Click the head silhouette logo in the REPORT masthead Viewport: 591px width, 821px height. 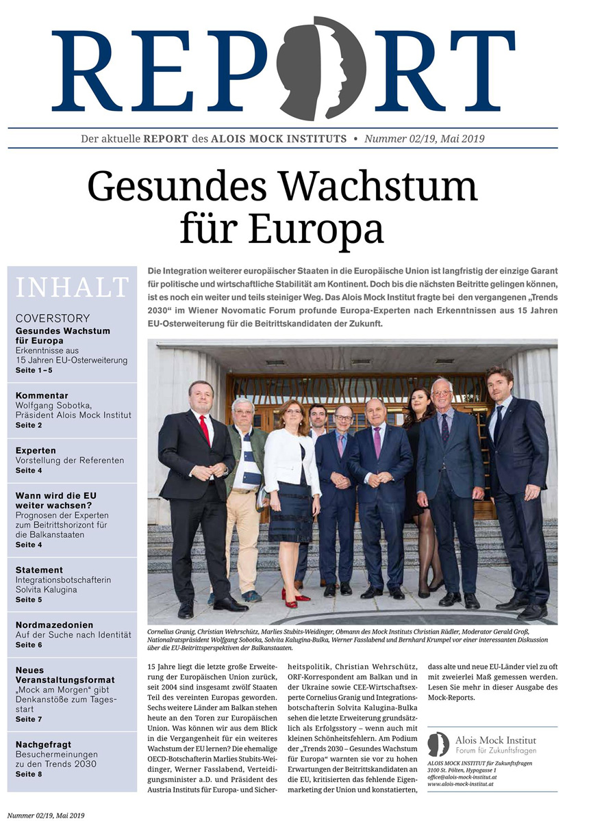[x=321, y=68]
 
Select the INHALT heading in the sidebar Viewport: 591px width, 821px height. [x=72, y=287]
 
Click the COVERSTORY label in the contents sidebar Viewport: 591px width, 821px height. [x=53, y=318]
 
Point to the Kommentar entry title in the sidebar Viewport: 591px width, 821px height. [x=42, y=395]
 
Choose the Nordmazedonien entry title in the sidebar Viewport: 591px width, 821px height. [x=54, y=625]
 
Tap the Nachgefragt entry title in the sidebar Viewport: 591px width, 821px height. [x=43, y=744]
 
